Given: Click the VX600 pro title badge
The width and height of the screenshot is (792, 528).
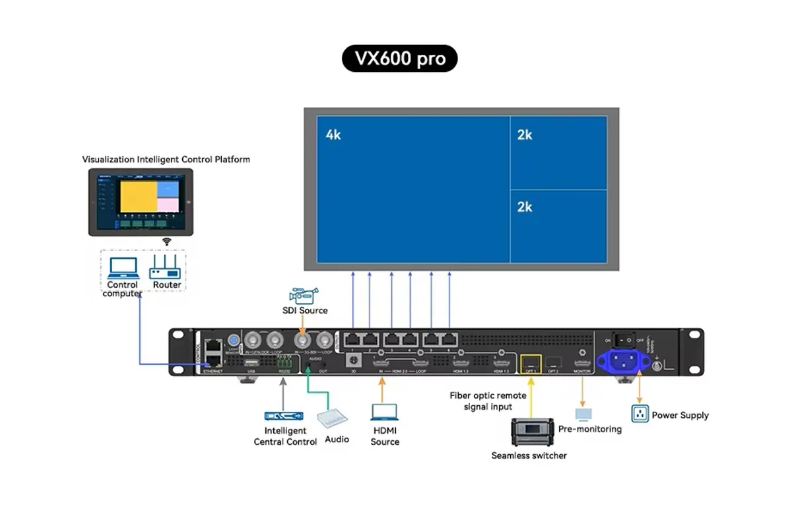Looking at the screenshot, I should click(399, 59).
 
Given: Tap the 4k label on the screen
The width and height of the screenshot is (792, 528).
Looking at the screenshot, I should click(333, 135).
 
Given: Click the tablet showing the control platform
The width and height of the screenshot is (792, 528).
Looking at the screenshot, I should click(141, 202).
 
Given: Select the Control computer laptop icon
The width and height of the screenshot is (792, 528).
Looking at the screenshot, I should click(123, 268).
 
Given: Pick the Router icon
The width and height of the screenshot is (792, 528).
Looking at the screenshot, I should click(166, 268).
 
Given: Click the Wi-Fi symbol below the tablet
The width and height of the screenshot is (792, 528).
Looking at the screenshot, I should click(167, 242).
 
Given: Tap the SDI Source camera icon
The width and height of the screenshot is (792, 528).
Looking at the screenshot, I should click(304, 294).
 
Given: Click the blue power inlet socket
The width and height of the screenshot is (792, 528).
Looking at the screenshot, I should click(620, 361).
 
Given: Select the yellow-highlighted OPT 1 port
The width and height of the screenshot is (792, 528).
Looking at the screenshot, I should click(531, 362).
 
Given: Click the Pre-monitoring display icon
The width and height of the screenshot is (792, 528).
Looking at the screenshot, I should click(583, 414).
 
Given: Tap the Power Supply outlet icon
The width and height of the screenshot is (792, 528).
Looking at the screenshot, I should click(639, 414).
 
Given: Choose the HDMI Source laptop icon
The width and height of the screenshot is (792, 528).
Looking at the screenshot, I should click(384, 412).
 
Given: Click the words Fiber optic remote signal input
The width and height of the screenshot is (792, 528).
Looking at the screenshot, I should click(488, 401).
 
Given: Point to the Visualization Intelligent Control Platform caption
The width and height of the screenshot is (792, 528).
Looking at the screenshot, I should click(166, 159).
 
